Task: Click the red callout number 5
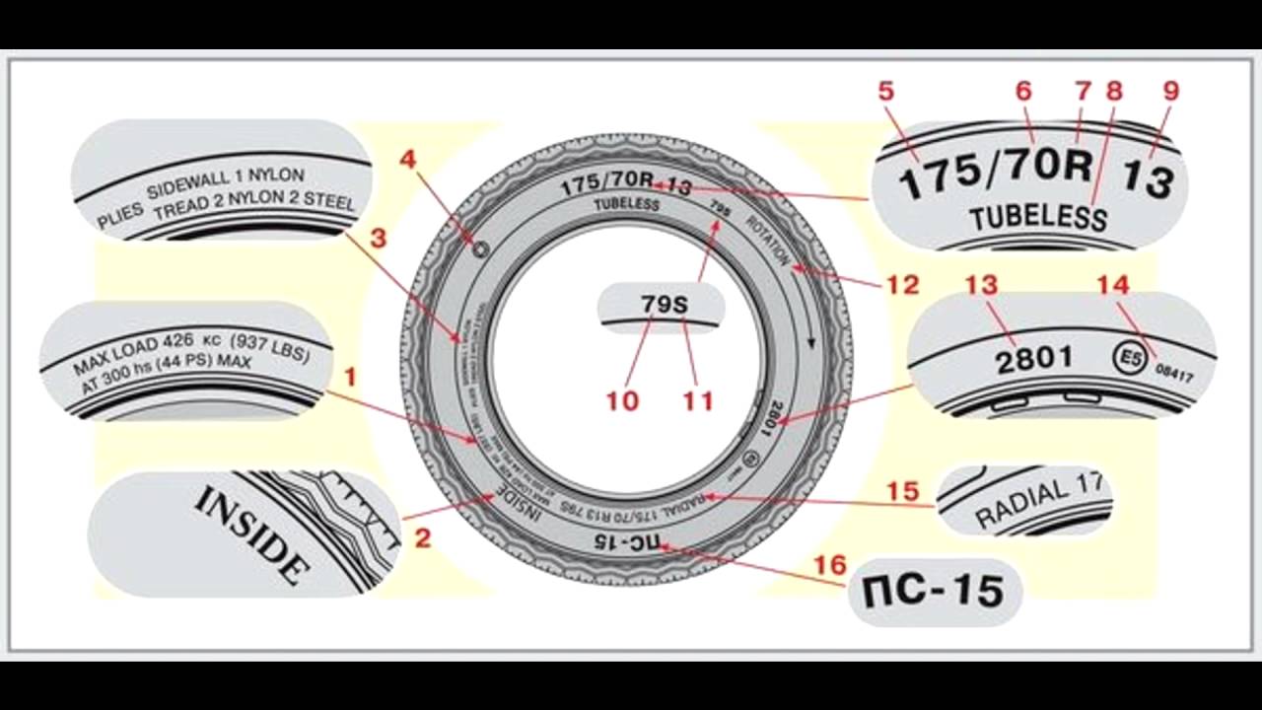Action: (x=886, y=92)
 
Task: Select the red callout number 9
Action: (x=1170, y=92)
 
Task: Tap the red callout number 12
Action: (x=902, y=285)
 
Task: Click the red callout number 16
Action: (x=830, y=565)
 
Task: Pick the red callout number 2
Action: (x=423, y=538)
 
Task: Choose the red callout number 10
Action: (x=622, y=400)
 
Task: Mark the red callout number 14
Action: (x=1112, y=285)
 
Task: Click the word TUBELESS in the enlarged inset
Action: (x=1037, y=217)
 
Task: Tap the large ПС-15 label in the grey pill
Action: (x=933, y=591)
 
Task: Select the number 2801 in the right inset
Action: (x=1033, y=358)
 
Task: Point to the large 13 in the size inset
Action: (x=1149, y=180)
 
